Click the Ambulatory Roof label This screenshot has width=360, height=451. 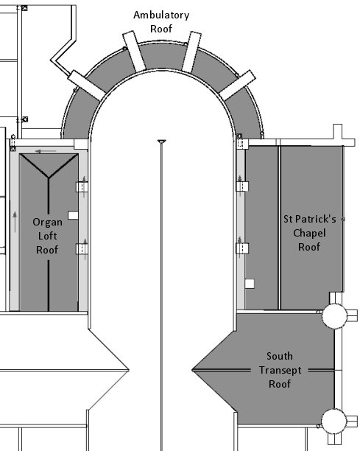pos(161,22)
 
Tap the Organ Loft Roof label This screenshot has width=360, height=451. pos(47,236)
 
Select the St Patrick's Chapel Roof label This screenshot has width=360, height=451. pos(310,233)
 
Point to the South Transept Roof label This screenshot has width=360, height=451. pos(280,370)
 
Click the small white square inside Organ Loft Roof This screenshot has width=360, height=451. pos(73,215)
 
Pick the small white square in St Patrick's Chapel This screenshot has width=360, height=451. pos(250,284)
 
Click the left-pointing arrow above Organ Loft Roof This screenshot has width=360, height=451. pos(46,151)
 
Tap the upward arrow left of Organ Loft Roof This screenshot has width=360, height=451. pos(15,222)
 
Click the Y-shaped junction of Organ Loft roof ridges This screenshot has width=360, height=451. pos(49,178)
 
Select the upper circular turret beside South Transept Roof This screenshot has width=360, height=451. pos(334,316)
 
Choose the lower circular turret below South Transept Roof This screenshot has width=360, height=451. pos(333,421)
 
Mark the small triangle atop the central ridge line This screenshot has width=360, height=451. pos(162,141)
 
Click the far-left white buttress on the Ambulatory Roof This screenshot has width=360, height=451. pos(87,85)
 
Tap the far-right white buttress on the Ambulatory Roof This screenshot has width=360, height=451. pos(237,85)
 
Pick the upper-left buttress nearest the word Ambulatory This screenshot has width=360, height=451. pos(134,52)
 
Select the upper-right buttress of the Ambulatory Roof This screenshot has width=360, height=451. pos(191,52)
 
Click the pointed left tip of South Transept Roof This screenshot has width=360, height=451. pos(192,370)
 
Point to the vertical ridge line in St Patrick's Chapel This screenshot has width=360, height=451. pos(279,228)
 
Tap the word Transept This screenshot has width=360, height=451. pos(280,370)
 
